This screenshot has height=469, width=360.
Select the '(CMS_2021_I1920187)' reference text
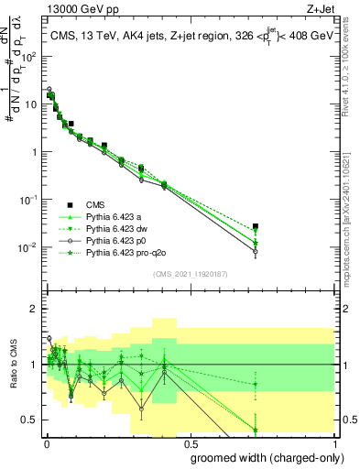[190, 274]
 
